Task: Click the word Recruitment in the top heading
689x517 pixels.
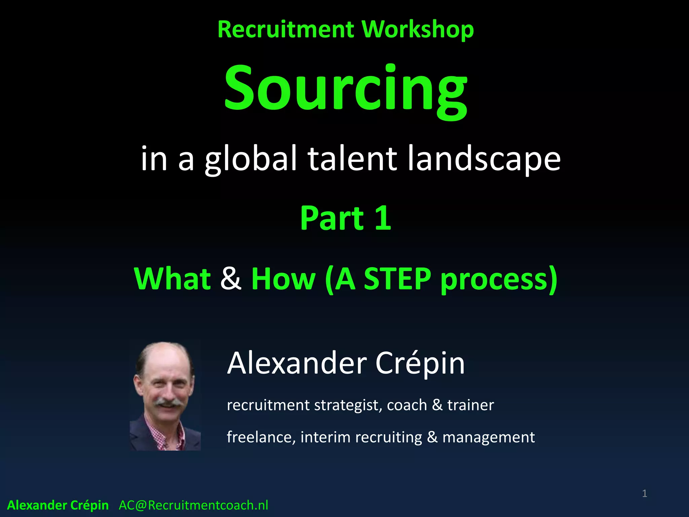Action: click(x=286, y=29)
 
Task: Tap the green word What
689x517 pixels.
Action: click(x=172, y=279)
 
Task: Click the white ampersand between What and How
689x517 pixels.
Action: click(x=231, y=279)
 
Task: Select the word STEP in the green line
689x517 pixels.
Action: click(x=397, y=279)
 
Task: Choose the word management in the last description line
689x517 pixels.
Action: click(x=488, y=437)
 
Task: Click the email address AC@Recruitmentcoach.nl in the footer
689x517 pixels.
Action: click(x=193, y=505)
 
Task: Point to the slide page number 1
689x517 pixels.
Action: click(x=644, y=493)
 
